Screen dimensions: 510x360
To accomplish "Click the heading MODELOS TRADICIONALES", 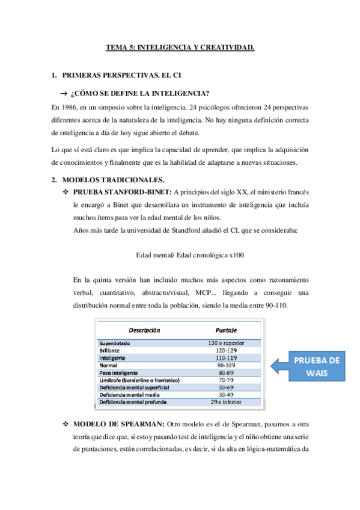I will click(113, 180).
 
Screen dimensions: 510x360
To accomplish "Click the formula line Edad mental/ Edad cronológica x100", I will click(191, 255).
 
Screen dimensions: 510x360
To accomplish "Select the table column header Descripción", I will click(142, 330).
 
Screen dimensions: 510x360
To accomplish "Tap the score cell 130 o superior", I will click(228, 343).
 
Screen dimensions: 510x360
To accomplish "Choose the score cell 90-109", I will click(228, 364).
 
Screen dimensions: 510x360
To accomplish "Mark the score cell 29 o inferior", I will click(228, 401).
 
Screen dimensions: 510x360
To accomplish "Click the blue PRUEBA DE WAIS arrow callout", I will click(310, 365).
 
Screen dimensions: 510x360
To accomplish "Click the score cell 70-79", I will click(228, 379).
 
